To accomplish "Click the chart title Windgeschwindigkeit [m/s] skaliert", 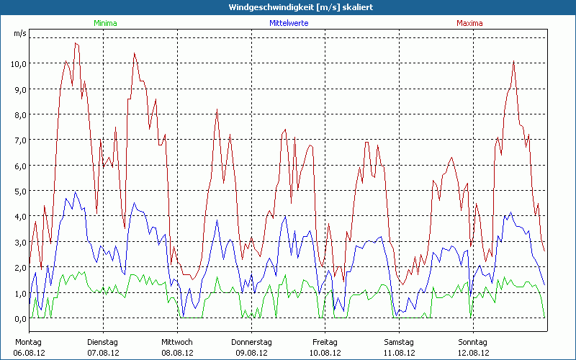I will (x=287, y=6).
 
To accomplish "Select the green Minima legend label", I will (x=105, y=23).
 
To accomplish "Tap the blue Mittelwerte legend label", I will (x=289, y=23).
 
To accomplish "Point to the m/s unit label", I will (x=19, y=34).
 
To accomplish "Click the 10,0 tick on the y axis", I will (x=19, y=63).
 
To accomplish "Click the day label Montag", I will (x=29, y=342).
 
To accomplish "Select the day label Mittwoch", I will (x=177, y=342).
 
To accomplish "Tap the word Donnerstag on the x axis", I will (x=251, y=342).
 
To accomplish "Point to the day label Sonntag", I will (x=473, y=342).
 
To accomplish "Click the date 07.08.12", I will (x=103, y=353).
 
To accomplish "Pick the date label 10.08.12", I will (x=325, y=353).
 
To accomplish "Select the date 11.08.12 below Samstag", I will (x=399, y=353).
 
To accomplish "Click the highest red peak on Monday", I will (x=76, y=43).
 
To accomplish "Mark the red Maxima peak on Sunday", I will (x=513, y=61).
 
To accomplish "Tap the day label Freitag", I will (x=325, y=342).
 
